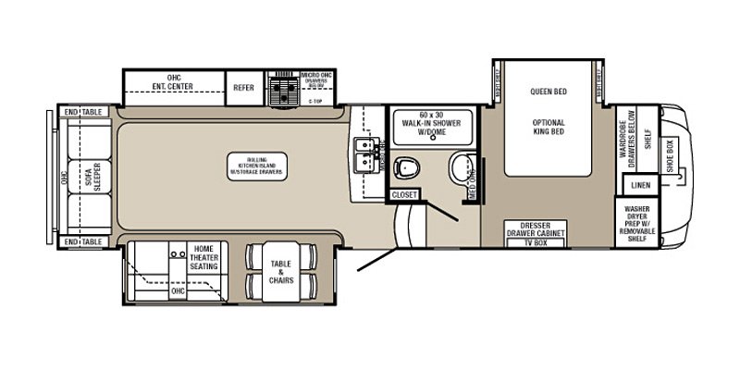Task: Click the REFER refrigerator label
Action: tap(242, 87)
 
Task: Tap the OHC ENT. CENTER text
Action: tap(174, 83)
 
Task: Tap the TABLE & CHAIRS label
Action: tap(281, 272)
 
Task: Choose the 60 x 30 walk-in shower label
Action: tap(432, 124)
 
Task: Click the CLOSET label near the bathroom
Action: tap(404, 195)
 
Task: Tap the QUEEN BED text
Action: tap(548, 92)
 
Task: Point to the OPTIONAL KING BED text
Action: tap(548, 128)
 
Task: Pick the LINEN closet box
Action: tap(640, 186)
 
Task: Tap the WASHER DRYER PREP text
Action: tap(638, 222)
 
